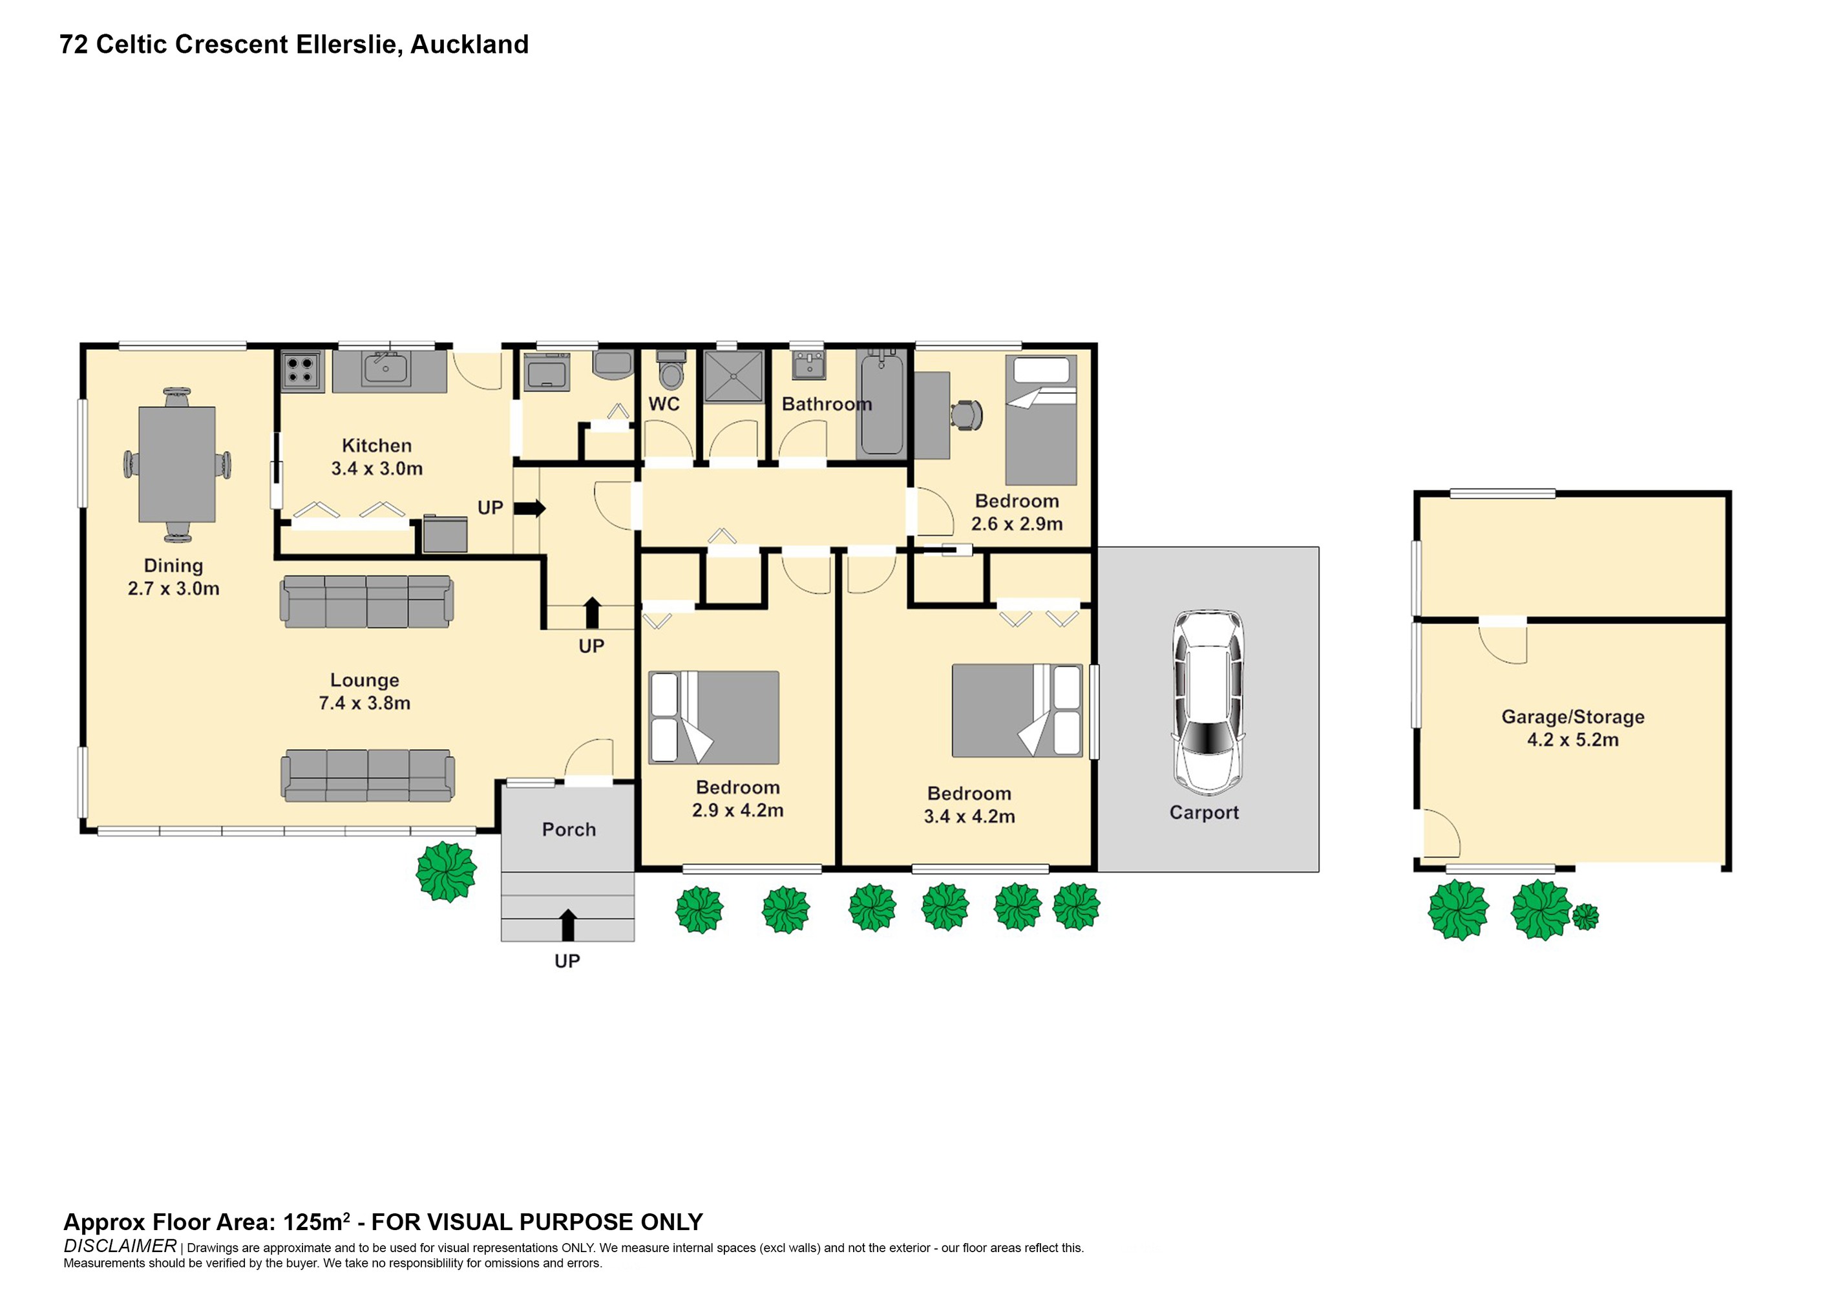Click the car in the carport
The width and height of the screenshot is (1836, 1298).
click(1208, 702)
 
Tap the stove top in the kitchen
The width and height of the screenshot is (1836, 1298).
click(301, 371)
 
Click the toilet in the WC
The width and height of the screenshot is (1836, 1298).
click(671, 370)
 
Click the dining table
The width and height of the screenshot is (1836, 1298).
click(176, 464)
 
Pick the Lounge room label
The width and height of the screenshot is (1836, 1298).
click(364, 692)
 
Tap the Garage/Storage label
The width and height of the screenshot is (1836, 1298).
click(1573, 728)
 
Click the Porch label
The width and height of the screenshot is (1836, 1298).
click(569, 829)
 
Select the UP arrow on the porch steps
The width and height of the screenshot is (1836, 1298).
click(568, 925)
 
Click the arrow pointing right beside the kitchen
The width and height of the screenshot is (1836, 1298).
click(529, 509)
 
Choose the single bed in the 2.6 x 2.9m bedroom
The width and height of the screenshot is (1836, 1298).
click(1040, 420)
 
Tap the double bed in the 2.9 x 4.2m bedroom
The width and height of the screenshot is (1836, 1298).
click(713, 718)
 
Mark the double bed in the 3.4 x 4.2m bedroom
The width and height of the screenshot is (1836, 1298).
click(1017, 710)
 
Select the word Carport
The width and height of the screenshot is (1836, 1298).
click(1203, 813)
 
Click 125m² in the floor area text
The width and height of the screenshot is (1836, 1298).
click(317, 1222)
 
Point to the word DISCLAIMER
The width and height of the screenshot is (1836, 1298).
click(120, 1246)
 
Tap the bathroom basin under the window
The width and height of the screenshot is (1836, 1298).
click(809, 365)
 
